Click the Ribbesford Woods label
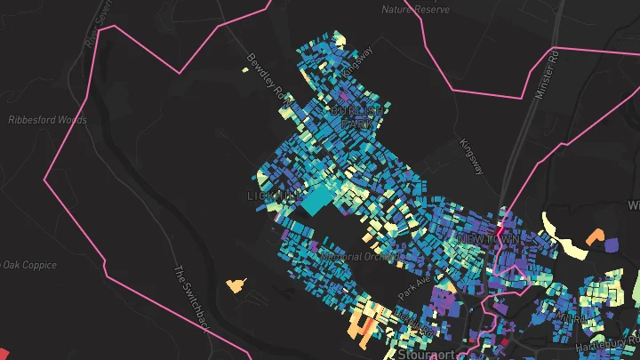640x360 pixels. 47,119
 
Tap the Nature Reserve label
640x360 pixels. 411,10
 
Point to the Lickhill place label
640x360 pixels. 272,194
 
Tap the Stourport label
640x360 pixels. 426,354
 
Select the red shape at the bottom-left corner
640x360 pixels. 3,353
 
